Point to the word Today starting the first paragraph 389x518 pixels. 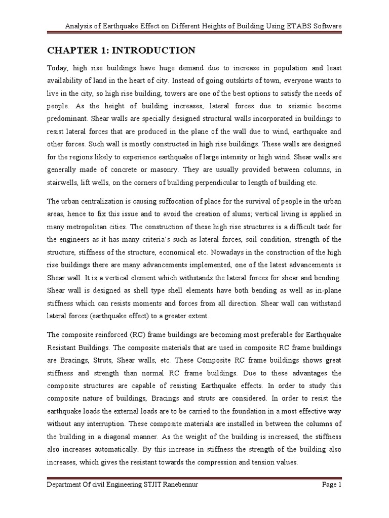click(58, 67)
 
